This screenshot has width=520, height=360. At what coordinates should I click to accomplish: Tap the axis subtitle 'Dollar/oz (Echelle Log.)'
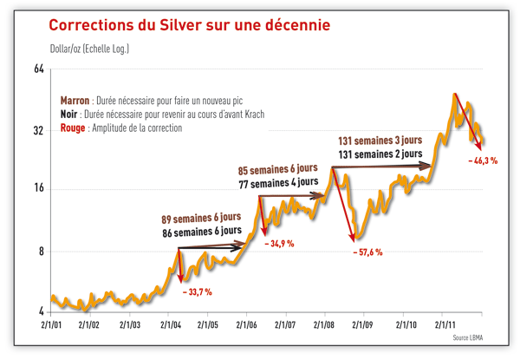tap(89, 49)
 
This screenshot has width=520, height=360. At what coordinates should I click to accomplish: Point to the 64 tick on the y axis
tap(38, 69)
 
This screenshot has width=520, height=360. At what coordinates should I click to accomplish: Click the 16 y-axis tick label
tap(38, 189)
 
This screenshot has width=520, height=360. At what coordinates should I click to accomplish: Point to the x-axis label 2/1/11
tap(443, 324)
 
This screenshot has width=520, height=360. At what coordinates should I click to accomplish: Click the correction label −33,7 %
tap(197, 292)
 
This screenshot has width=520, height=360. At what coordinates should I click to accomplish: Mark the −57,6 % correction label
tap(367, 252)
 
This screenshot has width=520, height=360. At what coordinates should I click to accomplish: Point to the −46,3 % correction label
tap(482, 161)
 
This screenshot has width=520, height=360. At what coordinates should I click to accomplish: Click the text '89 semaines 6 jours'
tap(201, 217)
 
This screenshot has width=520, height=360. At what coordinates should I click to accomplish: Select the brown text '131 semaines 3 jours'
tap(380, 140)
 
